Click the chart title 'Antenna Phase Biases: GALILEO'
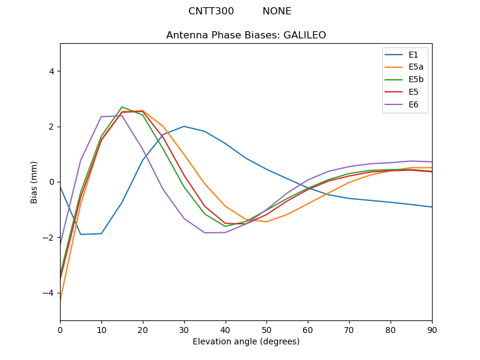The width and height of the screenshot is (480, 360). [246, 35]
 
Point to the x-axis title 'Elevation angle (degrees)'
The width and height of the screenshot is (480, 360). [246, 342]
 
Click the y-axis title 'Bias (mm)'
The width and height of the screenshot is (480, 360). [34, 182]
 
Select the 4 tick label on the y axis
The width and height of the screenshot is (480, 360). [51, 71]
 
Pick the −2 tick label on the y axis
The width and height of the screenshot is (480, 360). [49, 238]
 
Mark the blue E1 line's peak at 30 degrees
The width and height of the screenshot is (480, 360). [184, 126]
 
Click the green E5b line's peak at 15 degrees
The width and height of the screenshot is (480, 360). [122, 107]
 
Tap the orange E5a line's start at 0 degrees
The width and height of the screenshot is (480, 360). [61, 298]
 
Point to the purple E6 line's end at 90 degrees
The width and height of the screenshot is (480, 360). [431, 162]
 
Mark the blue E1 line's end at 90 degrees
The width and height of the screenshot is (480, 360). [431, 207]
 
